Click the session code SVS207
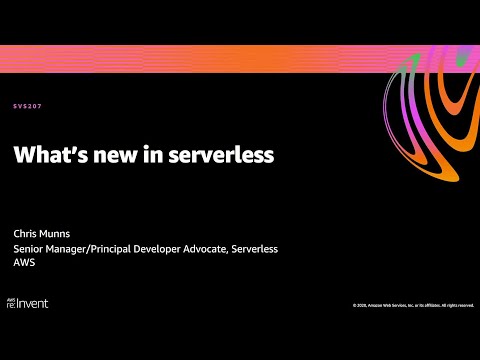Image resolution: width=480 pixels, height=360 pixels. pyautogui.click(x=27, y=105)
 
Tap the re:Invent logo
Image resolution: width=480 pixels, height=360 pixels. pyautogui.click(x=29, y=302)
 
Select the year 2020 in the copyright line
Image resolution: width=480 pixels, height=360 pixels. pyautogui.click(x=361, y=305)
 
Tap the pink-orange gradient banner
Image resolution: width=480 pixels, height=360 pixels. pyautogui.click(x=200, y=59)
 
